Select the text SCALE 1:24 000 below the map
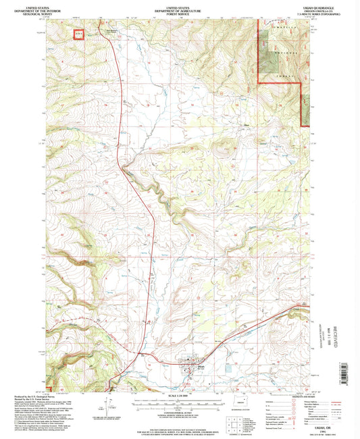(x=179, y=394)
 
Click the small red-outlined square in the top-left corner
(x=79, y=32)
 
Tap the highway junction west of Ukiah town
(x=139, y=353)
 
